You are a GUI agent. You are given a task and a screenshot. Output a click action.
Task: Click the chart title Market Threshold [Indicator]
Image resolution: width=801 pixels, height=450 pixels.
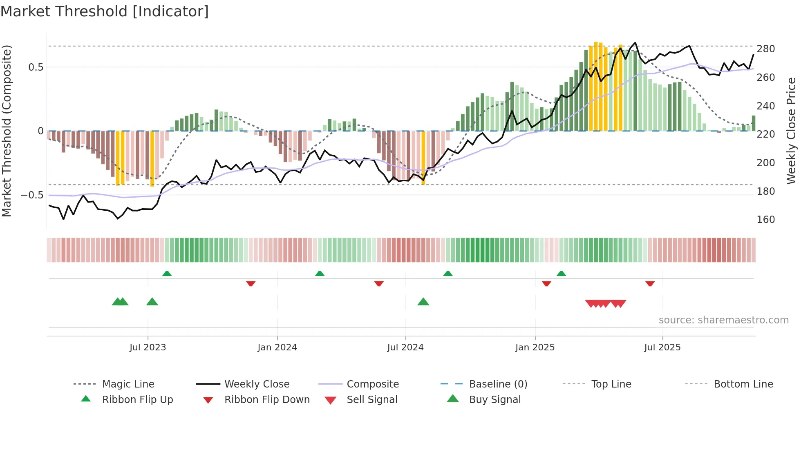coord(105,11)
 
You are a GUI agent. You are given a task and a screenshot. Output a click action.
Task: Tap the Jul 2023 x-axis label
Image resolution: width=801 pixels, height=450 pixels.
coord(148,348)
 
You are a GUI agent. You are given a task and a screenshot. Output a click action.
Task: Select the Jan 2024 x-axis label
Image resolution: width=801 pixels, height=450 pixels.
coord(277,348)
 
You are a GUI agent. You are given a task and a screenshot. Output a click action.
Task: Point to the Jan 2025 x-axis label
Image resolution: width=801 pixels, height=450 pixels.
coord(535,348)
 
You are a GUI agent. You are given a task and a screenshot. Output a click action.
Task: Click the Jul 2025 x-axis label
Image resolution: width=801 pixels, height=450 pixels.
coord(662,348)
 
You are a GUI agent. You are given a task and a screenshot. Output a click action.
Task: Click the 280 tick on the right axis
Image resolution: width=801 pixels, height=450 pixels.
coord(765,49)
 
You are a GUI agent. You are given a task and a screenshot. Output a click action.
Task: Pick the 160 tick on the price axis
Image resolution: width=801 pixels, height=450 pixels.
coord(765,220)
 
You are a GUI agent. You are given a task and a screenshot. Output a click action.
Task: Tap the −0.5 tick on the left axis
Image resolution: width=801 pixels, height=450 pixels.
coord(32,195)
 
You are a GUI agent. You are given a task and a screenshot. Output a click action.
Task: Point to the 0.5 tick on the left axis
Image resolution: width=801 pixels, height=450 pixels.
coord(36,67)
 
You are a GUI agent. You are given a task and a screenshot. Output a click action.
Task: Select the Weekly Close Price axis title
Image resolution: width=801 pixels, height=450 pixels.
coord(791,131)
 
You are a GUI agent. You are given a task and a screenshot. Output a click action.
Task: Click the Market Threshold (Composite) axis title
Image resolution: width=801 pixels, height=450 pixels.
coord(7,131)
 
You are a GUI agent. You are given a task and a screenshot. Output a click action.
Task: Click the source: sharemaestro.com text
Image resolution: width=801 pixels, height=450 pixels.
coord(723,320)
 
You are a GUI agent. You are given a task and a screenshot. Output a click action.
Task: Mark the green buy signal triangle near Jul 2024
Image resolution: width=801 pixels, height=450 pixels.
coord(423,302)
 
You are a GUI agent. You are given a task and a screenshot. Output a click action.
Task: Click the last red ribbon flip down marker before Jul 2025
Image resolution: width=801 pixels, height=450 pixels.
coord(650,283)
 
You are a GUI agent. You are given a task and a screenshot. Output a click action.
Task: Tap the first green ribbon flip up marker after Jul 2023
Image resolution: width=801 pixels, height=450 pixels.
coord(167,274)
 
